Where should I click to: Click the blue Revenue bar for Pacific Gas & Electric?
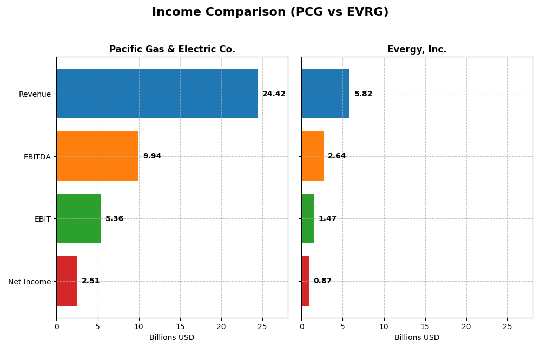tap(157, 94)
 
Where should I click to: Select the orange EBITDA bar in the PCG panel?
tap(97, 156)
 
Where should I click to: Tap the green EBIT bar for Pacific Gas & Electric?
tap(78, 218)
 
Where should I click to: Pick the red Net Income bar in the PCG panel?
tap(67, 281)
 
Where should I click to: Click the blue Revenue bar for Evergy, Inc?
tap(325, 94)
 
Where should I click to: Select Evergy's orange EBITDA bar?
tap(312, 156)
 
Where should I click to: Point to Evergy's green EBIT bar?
tap(307, 218)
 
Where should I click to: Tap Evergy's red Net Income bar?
tap(305, 281)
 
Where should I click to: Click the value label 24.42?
tap(274, 94)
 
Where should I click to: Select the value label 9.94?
tap(152, 156)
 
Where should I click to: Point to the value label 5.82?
tap(363, 94)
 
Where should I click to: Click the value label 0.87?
tap(322, 281)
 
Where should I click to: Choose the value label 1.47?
tap(327, 219)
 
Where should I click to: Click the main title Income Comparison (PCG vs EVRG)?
tap(270, 12)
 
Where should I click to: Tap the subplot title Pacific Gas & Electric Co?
tap(172, 50)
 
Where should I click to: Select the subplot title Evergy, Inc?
tap(417, 50)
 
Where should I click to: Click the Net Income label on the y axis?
tap(30, 282)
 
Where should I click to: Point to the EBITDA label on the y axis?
tap(37, 157)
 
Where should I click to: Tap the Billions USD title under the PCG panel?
tap(171, 338)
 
